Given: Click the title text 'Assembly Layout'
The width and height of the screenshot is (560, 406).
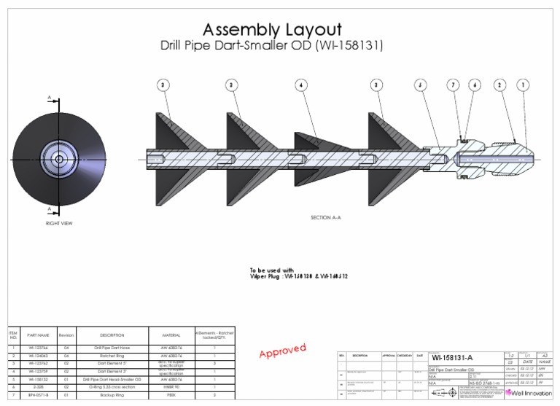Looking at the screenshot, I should click(272, 30).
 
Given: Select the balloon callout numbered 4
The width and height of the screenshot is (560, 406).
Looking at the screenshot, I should click(300, 85).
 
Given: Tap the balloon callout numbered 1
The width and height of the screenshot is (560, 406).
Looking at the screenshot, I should click(523, 85).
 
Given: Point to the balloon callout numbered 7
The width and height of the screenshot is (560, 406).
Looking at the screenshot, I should click(453, 85).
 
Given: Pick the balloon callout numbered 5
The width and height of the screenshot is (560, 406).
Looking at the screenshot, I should click(420, 85).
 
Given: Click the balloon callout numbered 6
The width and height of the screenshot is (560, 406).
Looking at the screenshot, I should click(475, 85).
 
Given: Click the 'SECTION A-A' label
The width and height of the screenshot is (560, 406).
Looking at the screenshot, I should click(326, 217).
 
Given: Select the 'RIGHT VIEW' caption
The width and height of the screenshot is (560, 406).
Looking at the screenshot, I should click(58, 223).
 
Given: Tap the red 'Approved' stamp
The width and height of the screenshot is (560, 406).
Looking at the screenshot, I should click(283, 351).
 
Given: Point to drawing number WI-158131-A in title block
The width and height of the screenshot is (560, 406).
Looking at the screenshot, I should click(452, 358).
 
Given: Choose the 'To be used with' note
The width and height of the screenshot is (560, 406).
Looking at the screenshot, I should click(273, 270).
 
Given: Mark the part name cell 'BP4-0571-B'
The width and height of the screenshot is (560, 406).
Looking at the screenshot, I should click(38, 394).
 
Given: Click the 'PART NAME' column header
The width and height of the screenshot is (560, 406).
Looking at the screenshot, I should click(38, 335).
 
